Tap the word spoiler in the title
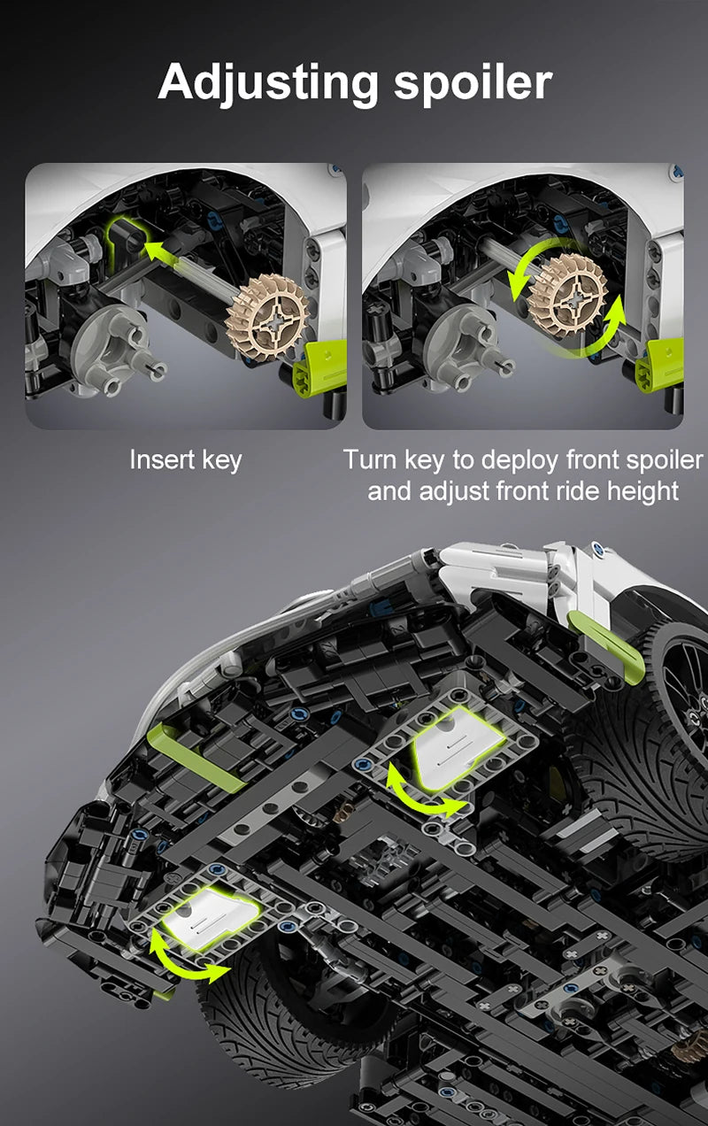tap(473, 83)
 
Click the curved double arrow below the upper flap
tap(424, 796)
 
